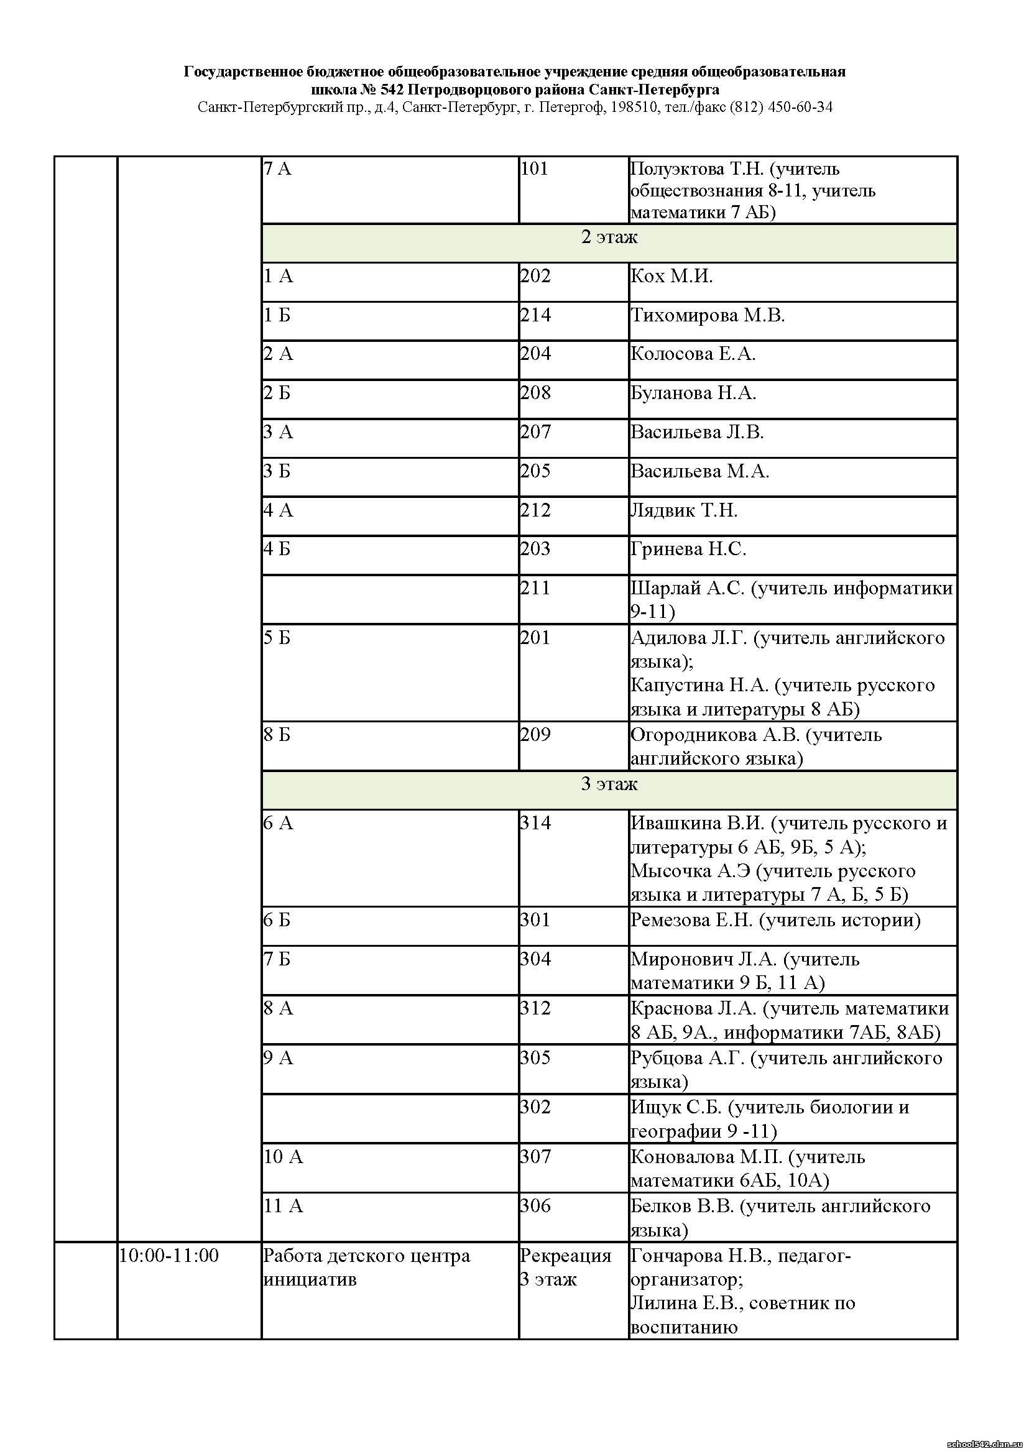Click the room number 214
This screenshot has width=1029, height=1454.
[535, 315]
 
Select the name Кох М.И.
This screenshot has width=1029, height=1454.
[671, 276]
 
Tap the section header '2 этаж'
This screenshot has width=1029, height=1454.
[609, 237]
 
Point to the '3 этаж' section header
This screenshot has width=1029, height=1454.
[609, 785]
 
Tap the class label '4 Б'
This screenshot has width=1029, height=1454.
[277, 549]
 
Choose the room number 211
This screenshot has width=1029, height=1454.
[535, 588]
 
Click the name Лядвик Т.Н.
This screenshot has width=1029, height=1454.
[684, 510]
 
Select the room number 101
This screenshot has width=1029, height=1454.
[534, 169]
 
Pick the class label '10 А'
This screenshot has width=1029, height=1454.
[284, 1157]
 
